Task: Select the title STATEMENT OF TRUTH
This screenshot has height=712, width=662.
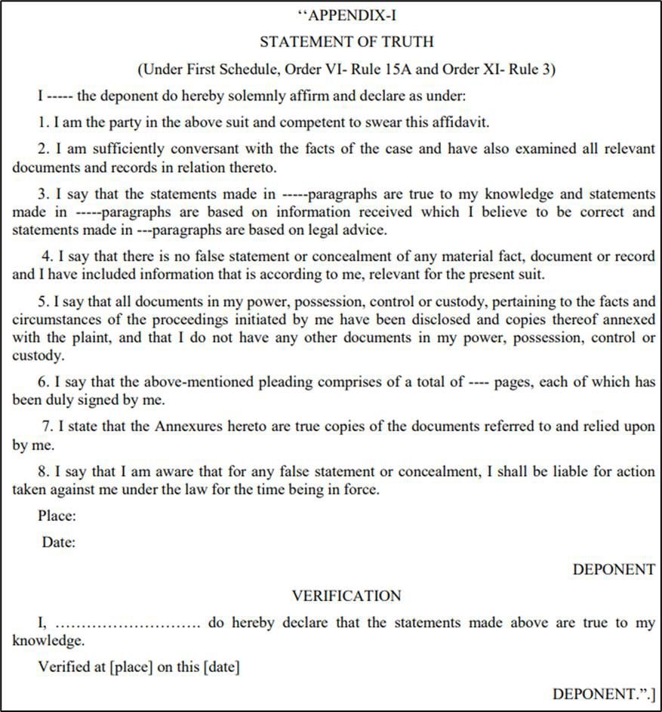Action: [x=346, y=42]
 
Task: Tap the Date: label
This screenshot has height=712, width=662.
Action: [x=59, y=541]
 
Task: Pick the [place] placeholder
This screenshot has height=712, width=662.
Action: [x=134, y=667]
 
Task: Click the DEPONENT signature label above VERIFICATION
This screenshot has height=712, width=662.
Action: [x=614, y=569]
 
